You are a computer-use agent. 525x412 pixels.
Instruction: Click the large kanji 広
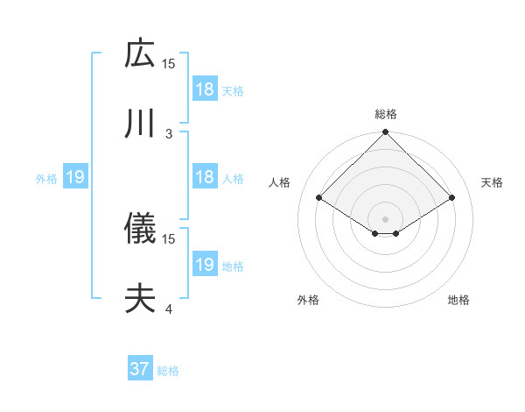(x=140, y=53)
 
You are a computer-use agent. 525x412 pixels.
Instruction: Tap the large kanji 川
(x=140, y=124)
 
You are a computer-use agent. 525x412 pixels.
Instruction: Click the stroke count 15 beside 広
(x=169, y=63)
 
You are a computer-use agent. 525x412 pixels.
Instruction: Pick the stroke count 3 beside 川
(x=169, y=134)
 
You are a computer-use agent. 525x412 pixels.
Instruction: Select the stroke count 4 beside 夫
(x=169, y=309)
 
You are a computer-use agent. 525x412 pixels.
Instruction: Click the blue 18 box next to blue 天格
(x=205, y=89)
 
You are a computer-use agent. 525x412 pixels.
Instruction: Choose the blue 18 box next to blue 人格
(x=205, y=177)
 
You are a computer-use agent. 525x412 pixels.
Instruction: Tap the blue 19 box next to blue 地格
(x=205, y=265)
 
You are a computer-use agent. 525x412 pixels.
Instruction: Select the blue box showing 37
(x=140, y=369)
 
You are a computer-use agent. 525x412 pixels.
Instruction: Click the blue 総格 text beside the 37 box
(x=168, y=371)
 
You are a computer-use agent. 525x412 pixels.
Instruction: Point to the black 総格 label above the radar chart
(x=386, y=114)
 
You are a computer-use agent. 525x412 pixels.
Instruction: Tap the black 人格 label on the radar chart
(x=280, y=182)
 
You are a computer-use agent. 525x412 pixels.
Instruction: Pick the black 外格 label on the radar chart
(x=308, y=300)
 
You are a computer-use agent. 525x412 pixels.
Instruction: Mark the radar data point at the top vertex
(x=386, y=133)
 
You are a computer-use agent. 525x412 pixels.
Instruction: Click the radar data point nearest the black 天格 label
(x=452, y=198)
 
